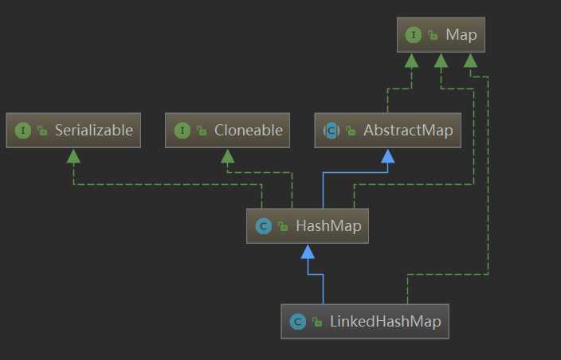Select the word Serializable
(x=93, y=130)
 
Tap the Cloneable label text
(x=248, y=130)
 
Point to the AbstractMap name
(x=407, y=131)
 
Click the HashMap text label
(x=328, y=226)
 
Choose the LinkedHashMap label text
(x=386, y=322)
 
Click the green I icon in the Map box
(x=413, y=34)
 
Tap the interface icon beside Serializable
(x=22, y=130)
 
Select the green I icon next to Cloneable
(x=182, y=130)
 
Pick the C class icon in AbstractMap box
(x=330, y=131)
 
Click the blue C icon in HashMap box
(x=262, y=226)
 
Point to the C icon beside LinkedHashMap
(x=297, y=322)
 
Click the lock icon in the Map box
(x=433, y=35)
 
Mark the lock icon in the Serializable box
(x=42, y=131)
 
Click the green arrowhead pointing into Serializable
(x=73, y=155)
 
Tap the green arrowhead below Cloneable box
(x=227, y=155)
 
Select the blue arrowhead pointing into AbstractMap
(x=387, y=155)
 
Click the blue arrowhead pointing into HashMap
(x=308, y=252)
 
